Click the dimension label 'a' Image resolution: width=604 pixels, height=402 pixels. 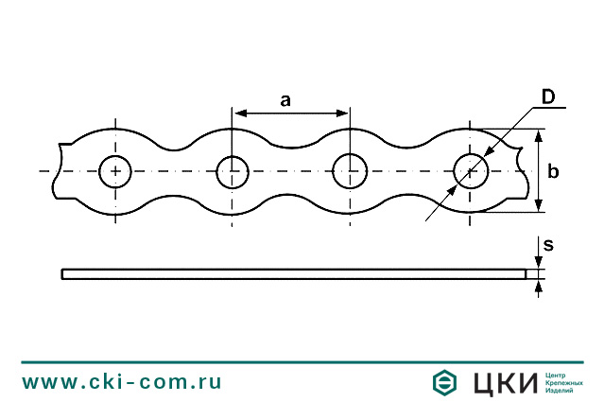[x=285, y=99]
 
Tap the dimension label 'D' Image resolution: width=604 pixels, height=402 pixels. [x=547, y=97]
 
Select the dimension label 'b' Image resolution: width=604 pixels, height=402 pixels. [x=554, y=171]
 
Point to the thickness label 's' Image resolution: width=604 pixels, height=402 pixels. [x=548, y=245]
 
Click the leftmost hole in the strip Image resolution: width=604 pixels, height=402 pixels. [x=115, y=171]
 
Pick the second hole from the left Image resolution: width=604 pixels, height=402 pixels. [x=233, y=171]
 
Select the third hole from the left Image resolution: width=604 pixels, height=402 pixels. [x=349, y=171]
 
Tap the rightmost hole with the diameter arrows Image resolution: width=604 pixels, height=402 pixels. [x=471, y=171]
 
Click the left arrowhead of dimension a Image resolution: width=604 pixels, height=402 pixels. [x=239, y=114]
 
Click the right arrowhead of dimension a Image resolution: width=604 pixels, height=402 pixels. [x=343, y=114]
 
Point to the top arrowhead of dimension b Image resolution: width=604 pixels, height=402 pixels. [x=538, y=135]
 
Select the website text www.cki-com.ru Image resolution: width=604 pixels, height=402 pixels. [x=122, y=382]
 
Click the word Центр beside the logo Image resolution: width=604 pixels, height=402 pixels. [x=559, y=374]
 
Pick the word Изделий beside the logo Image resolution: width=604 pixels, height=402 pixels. [x=561, y=391]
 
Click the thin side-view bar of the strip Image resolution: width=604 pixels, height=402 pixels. [x=293, y=274]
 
